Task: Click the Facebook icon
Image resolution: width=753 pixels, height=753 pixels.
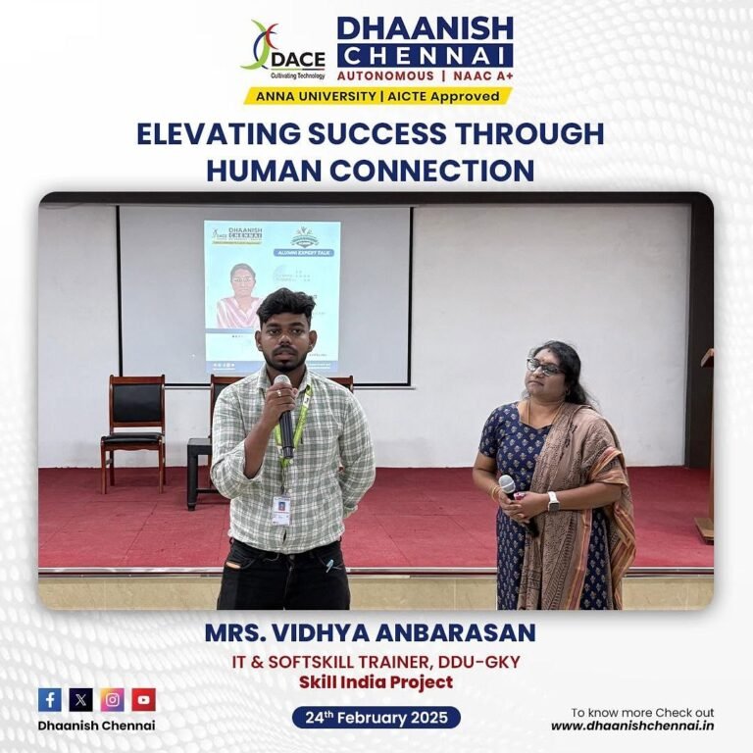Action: pos(50,699)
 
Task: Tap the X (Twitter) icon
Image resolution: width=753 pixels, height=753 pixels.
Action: pos(81,699)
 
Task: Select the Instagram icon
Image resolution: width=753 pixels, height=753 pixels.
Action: pos(113,699)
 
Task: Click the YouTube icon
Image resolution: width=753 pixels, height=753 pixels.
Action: pos(144,699)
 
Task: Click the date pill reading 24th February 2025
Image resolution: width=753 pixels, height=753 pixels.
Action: pos(376,718)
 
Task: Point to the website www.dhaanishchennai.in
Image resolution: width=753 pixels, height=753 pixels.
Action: pos(631,727)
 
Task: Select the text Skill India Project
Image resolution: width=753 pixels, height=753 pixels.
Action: pos(376,682)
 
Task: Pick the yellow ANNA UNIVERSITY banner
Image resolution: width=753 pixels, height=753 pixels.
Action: pos(377,96)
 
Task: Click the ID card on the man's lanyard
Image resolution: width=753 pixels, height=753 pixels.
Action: pos(281,509)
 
